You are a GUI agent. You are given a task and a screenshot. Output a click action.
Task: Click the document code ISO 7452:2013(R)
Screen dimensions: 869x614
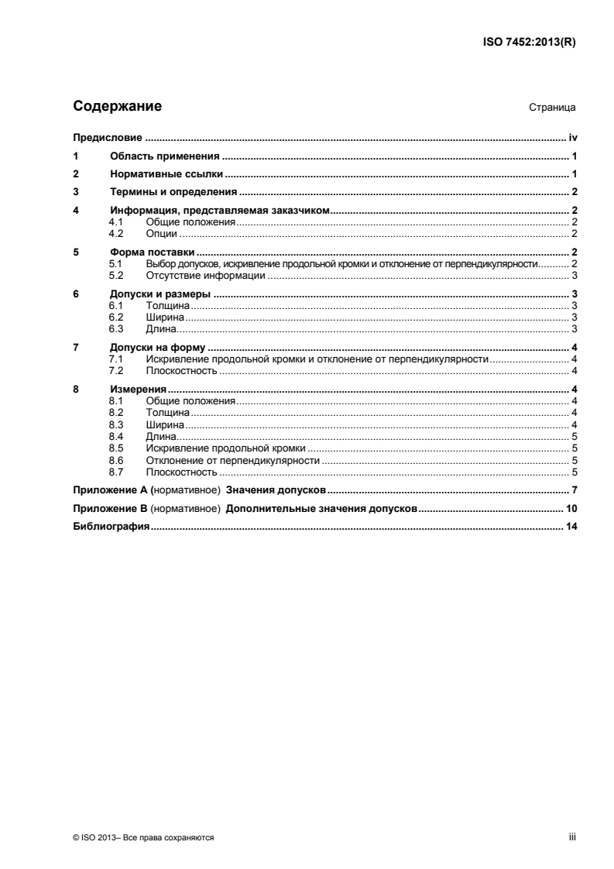click(x=527, y=43)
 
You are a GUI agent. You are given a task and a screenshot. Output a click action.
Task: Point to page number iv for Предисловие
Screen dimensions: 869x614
click(x=574, y=139)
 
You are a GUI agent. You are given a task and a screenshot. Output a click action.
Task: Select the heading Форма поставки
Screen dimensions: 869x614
click(x=151, y=252)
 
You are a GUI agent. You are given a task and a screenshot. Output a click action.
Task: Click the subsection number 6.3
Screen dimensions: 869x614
click(x=116, y=328)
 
